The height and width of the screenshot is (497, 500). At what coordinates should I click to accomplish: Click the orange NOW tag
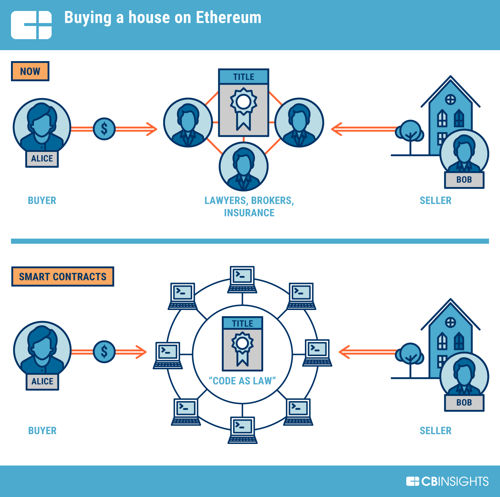(x=30, y=71)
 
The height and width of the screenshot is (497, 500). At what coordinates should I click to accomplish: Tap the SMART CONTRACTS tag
(x=63, y=276)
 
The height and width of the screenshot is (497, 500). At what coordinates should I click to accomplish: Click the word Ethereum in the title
(x=228, y=18)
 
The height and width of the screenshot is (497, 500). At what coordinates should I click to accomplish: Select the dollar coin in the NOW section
(x=104, y=129)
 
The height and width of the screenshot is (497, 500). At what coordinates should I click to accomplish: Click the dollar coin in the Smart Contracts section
(x=104, y=352)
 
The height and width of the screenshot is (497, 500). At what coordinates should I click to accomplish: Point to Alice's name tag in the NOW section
(x=42, y=158)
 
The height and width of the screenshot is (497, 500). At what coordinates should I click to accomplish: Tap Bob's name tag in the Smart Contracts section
(x=464, y=403)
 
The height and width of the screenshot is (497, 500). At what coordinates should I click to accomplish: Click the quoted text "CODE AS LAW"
(x=242, y=381)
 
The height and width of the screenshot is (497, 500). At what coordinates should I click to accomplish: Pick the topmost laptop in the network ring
(x=242, y=280)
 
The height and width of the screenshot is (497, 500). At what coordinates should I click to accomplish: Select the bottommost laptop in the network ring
(x=242, y=430)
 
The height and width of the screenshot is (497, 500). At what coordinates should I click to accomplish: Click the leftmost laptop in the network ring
(x=168, y=355)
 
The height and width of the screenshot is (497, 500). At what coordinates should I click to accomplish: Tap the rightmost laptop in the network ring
(x=317, y=353)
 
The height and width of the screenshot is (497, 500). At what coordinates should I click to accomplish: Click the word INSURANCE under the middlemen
(x=249, y=213)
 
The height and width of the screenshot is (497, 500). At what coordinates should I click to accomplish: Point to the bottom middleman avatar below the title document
(x=243, y=167)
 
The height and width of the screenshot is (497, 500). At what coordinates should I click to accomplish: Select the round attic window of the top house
(x=450, y=100)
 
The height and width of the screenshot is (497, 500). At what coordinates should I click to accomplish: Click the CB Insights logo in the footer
(x=447, y=481)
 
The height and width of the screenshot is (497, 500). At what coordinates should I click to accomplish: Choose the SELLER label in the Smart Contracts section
(x=435, y=430)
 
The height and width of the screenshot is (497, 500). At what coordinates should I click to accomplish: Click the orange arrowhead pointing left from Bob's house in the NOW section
(x=337, y=129)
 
